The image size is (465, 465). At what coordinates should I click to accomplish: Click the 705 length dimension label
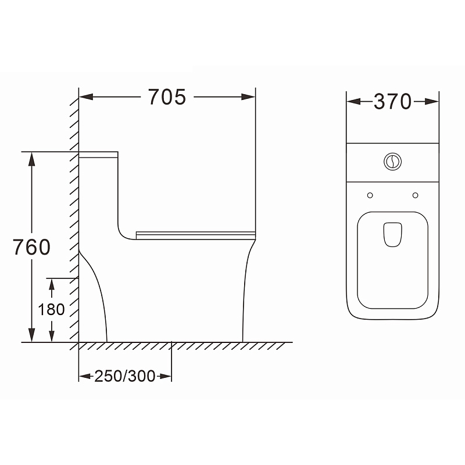point(167,97)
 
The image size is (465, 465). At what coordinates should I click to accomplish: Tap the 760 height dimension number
point(32,247)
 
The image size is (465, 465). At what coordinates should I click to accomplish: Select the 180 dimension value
point(51,309)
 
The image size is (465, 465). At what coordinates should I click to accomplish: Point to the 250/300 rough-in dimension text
point(125,376)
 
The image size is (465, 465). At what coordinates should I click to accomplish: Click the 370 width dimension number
point(393,101)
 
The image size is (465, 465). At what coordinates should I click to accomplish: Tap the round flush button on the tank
point(393,162)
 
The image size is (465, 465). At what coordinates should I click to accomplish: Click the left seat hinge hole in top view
point(370,195)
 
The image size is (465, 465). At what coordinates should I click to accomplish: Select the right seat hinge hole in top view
point(416,195)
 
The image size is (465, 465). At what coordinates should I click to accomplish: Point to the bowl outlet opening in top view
point(393,234)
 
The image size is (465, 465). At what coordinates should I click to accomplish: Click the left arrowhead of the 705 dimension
point(86,97)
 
